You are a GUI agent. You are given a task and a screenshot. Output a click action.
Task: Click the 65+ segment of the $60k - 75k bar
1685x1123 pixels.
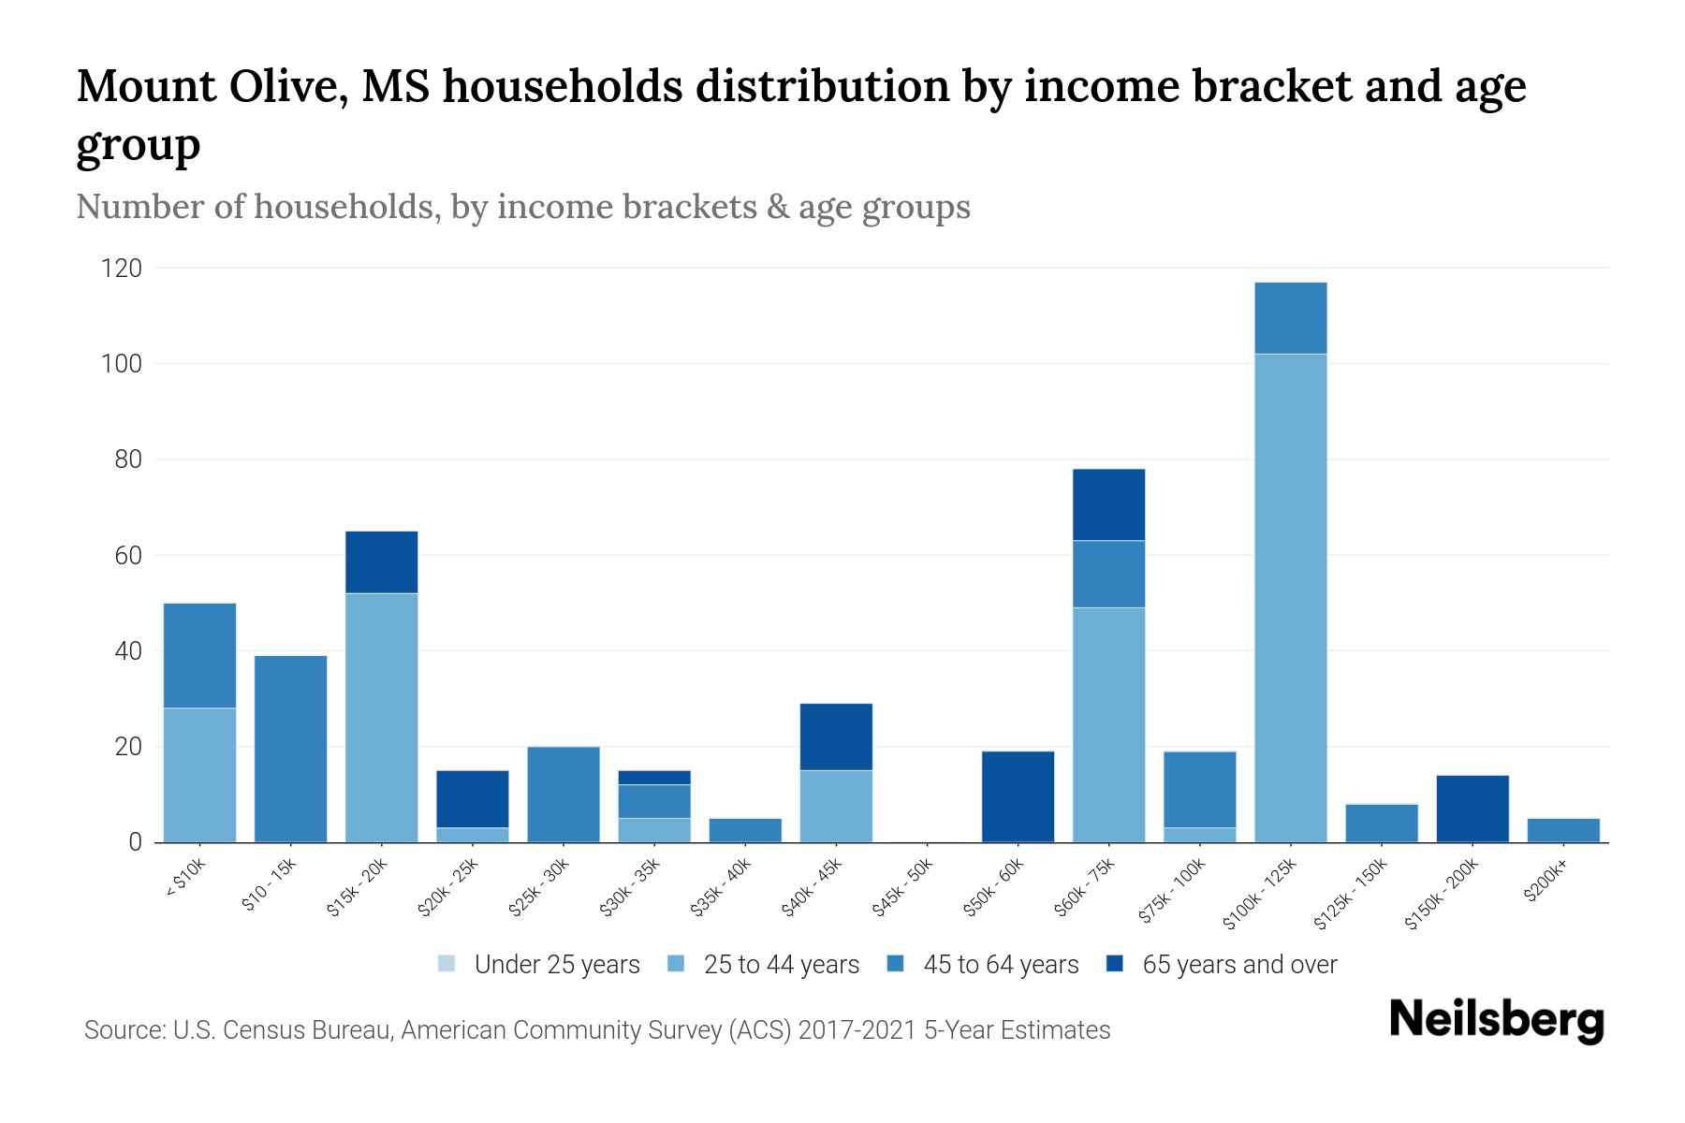tap(1108, 504)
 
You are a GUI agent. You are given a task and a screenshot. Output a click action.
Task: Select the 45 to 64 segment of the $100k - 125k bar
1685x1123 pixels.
tap(1290, 318)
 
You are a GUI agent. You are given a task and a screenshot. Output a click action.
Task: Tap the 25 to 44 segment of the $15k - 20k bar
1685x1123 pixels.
tap(381, 717)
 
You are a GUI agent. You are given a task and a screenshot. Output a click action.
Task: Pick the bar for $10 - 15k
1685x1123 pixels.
tap(290, 749)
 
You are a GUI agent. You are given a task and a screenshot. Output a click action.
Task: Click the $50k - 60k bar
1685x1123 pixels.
tap(1018, 796)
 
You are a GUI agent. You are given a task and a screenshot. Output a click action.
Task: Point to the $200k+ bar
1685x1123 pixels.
tap(1562, 830)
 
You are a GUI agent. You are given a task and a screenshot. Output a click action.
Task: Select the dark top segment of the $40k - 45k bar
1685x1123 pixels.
tap(836, 737)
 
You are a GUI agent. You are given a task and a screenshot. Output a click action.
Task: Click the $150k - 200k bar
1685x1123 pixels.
tap(1472, 809)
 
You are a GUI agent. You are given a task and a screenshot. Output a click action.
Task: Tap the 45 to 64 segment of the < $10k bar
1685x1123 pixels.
tap(199, 655)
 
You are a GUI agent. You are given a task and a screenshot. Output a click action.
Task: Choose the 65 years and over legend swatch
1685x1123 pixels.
tap(1115, 964)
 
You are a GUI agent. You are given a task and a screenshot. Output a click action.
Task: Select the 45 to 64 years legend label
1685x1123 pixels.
tap(1000, 965)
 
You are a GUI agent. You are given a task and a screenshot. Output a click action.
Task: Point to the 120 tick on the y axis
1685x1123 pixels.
tap(122, 269)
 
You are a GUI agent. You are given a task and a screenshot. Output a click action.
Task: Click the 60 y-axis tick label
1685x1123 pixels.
tap(127, 556)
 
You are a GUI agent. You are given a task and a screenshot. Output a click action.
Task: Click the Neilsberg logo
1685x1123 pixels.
tap(1496, 1020)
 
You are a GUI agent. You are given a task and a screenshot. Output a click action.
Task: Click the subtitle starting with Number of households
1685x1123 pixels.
tap(523, 207)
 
